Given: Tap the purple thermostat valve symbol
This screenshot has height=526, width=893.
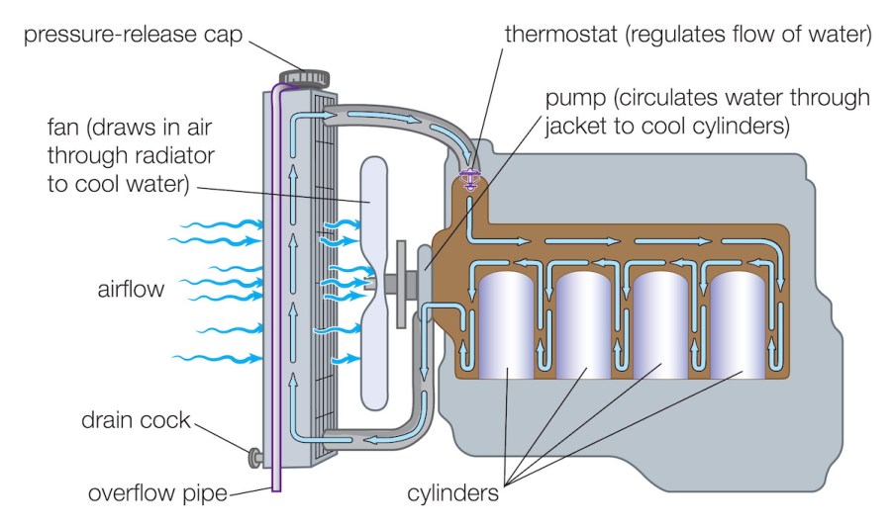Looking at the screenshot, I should point(469,181).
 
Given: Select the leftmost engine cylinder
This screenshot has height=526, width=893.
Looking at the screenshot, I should point(507,324).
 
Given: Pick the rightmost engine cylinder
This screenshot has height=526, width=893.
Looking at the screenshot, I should point(739,324).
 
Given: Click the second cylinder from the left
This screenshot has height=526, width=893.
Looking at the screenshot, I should point(584,324).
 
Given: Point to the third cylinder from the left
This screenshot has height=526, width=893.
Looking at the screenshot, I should point(661,324).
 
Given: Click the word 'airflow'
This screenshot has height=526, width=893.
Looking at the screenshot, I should point(132,289).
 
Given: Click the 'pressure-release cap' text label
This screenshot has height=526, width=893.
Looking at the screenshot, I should point(126,35).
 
